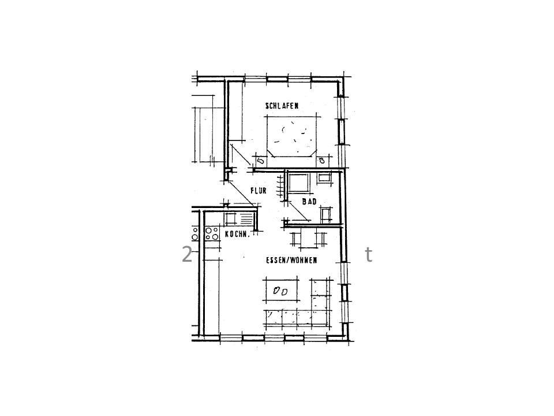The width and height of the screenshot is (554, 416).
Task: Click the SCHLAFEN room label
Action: coord(282,106)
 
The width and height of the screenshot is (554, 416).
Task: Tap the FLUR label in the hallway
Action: coord(259,191)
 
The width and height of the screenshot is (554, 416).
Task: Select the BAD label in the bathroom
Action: coord(309,202)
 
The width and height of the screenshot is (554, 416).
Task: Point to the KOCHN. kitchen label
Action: coord(237,234)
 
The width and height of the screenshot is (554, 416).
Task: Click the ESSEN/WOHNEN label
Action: coord(291,261)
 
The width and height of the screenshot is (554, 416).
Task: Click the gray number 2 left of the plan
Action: coord(187,254)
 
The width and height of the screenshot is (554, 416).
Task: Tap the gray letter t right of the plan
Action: coord(369,254)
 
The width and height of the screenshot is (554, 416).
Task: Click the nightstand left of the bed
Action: coord(260,161)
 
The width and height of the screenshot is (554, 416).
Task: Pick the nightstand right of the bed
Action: coord(322,161)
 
